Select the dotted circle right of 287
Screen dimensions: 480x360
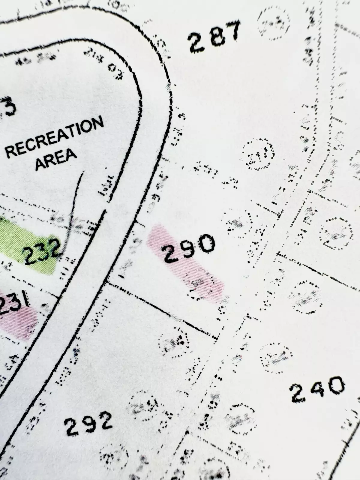(274, 22)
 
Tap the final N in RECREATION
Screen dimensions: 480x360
(97, 124)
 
